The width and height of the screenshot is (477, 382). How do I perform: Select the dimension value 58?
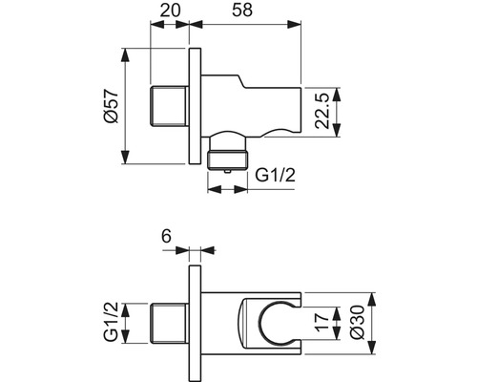244,11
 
